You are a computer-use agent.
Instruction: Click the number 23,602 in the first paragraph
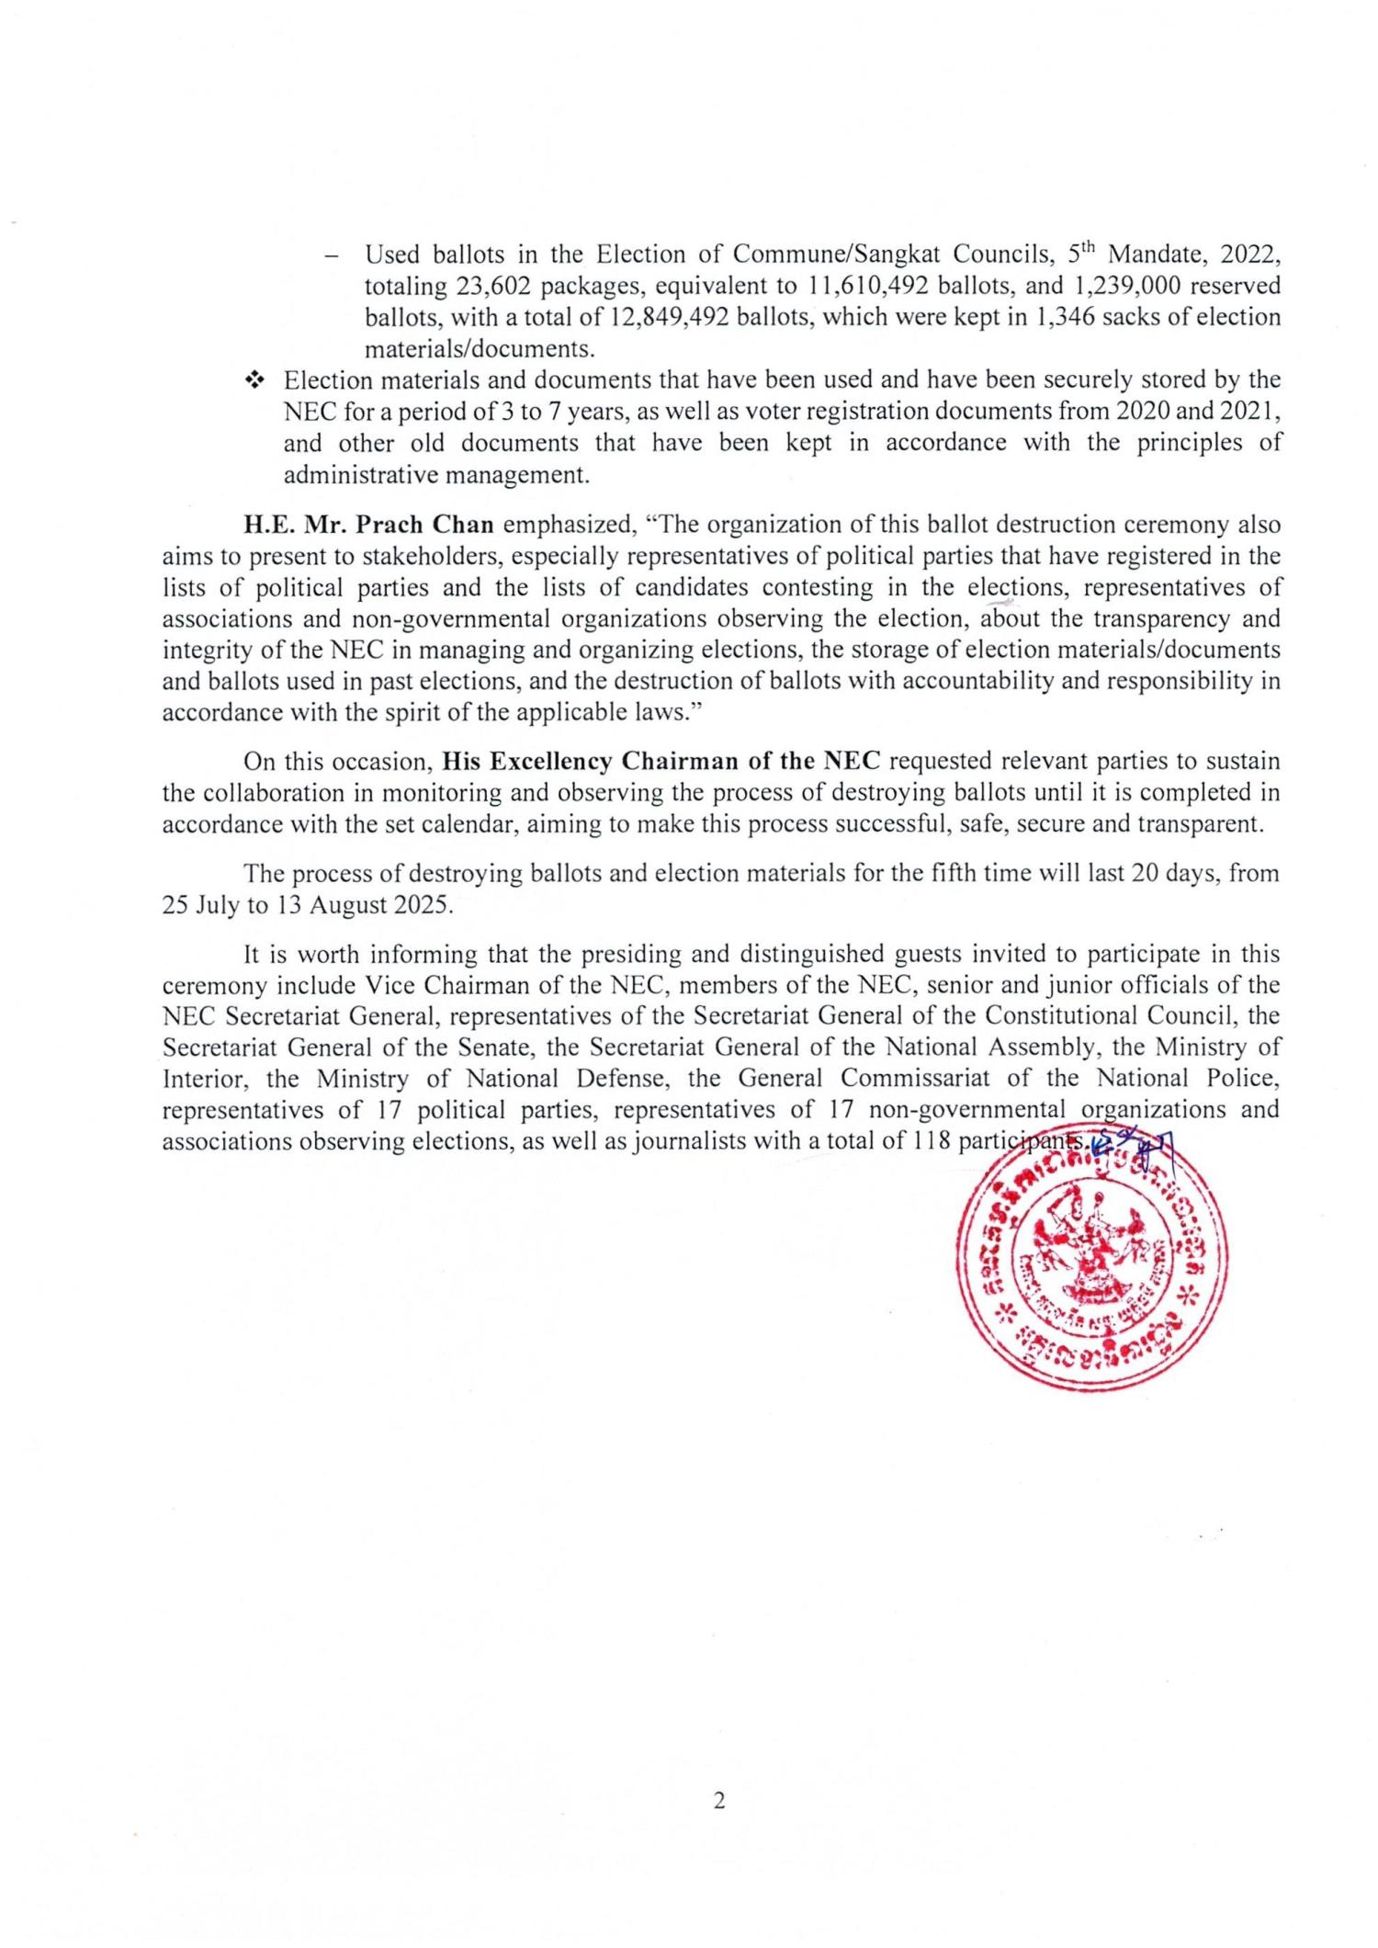tap(493, 286)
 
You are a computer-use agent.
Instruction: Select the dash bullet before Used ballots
tap(332, 255)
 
